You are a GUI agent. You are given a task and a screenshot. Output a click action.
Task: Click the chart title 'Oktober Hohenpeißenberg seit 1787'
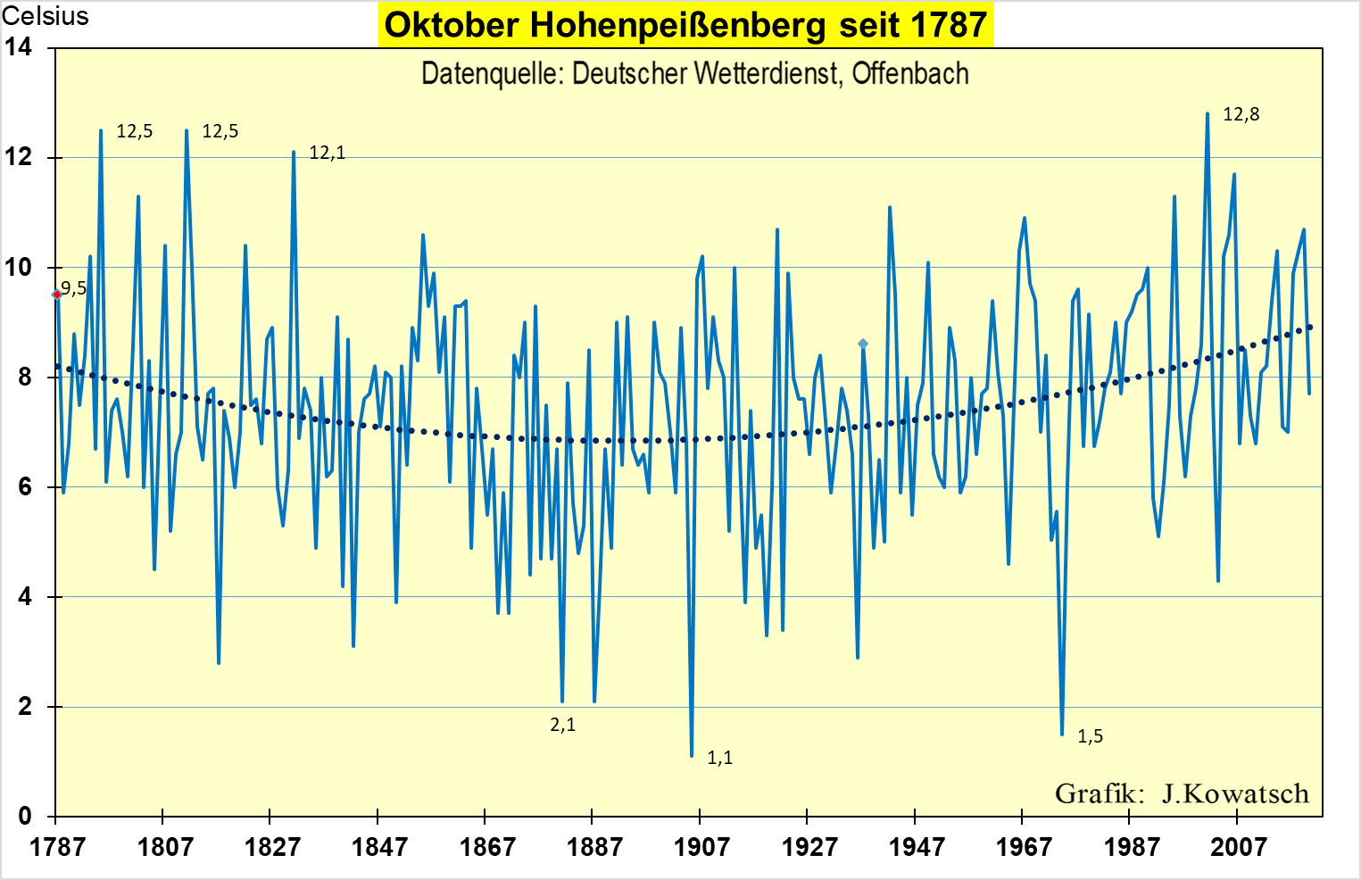685,25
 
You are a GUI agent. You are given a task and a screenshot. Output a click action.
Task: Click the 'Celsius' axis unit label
46,16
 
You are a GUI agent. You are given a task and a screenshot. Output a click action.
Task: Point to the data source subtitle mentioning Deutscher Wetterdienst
694,73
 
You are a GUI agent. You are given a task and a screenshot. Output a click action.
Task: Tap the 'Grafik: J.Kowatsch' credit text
1182,793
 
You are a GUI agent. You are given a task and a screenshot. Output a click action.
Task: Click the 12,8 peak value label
1241,114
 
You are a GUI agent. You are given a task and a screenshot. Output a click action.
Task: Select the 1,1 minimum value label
719,758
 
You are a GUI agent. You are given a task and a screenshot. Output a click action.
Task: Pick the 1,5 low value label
1090,736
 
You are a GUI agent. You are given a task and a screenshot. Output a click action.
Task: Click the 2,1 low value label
562,725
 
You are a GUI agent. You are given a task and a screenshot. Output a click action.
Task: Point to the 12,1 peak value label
327,153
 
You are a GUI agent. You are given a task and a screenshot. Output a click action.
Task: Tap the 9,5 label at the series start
74,288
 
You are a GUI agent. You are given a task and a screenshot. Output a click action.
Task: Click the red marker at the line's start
56,294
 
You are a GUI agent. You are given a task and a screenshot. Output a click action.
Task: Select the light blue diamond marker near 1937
863,344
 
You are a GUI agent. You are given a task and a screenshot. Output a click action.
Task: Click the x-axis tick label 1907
701,846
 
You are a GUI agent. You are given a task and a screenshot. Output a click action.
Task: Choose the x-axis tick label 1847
379,846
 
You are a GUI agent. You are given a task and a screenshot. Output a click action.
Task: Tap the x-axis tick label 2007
1238,846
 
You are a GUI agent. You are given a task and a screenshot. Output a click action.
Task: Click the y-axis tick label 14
18,47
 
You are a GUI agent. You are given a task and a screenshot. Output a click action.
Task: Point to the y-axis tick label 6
24,486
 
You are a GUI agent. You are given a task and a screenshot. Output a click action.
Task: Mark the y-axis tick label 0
24,816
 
